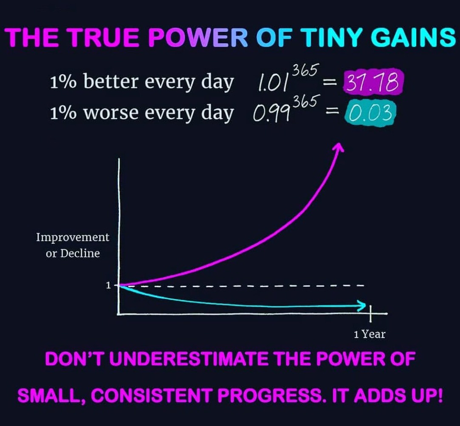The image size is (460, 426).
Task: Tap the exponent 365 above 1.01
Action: click(x=305, y=71)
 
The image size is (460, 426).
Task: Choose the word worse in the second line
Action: click(x=111, y=113)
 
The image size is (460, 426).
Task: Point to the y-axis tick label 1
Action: click(x=108, y=285)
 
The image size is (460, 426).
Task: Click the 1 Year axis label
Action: click(x=370, y=334)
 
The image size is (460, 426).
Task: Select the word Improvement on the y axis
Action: click(x=73, y=237)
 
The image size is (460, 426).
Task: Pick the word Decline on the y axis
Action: click(x=80, y=253)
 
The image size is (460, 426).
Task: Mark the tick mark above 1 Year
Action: click(x=370, y=313)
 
